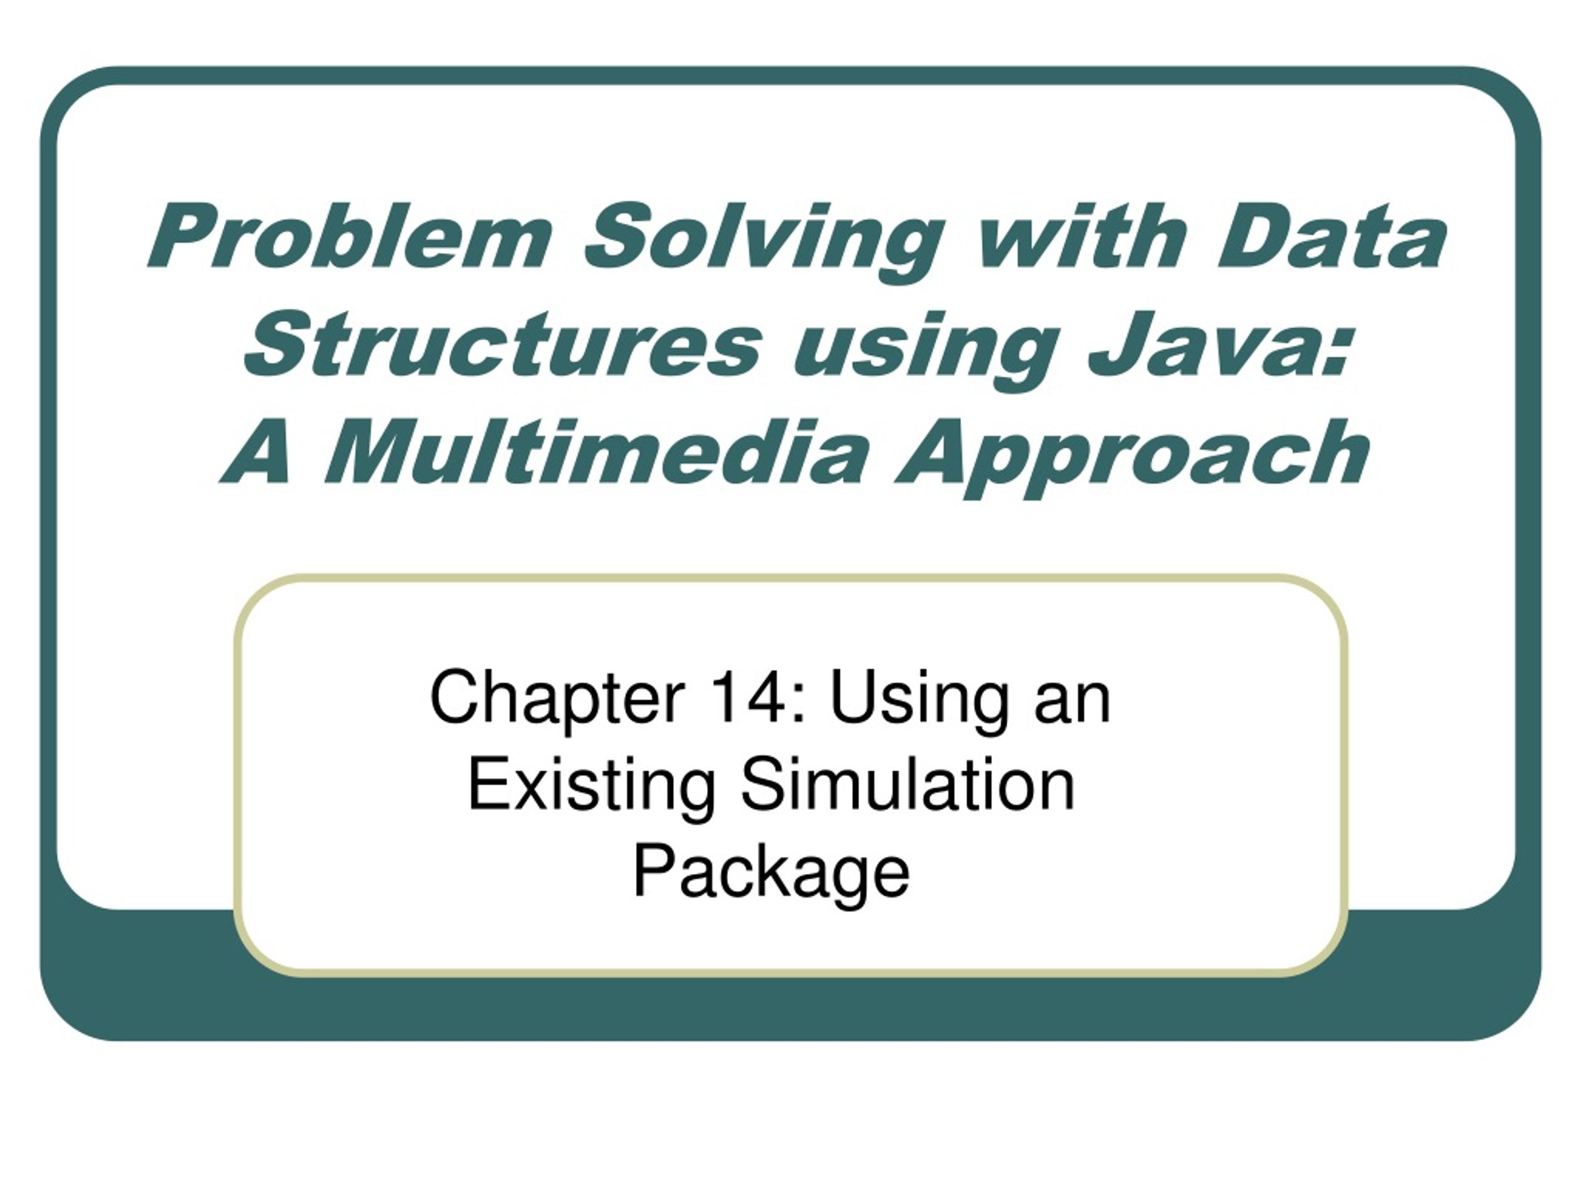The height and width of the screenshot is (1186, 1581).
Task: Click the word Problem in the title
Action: pos(350,237)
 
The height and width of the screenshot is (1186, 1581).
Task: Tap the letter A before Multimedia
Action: pos(258,453)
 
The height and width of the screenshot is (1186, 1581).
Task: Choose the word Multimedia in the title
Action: pos(598,453)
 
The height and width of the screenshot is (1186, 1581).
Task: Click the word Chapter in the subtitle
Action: pos(558,700)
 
